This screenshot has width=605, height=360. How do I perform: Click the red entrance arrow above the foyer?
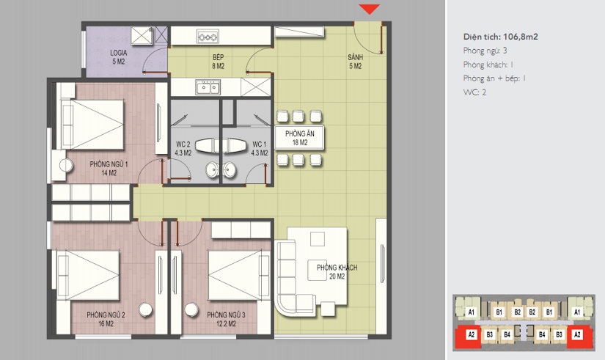pyautogui.click(x=370, y=9)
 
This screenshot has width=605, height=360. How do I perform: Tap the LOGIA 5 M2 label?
pyautogui.click(x=119, y=56)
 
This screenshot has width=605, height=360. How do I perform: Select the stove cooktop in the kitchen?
pyautogui.click(x=208, y=37)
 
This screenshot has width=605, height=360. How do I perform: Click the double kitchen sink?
pyautogui.click(x=208, y=87)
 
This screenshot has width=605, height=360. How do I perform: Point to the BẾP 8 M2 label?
pyautogui.click(x=218, y=62)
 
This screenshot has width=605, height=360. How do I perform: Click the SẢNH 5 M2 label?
pyautogui.click(x=356, y=62)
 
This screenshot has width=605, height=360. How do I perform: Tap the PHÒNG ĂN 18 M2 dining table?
pyautogui.click(x=300, y=138)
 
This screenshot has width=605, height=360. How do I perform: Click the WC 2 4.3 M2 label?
pyautogui.click(x=183, y=149)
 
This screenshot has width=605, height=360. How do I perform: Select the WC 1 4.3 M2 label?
pyautogui.click(x=260, y=149)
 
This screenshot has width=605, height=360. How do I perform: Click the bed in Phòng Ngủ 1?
pyautogui.click(x=92, y=124)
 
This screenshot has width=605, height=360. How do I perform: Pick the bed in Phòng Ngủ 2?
pyautogui.click(x=88, y=275)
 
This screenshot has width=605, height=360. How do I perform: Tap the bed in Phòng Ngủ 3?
pyautogui.click(x=239, y=275)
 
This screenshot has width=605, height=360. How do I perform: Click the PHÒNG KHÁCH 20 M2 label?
pyautogui.click(x=337, y=272)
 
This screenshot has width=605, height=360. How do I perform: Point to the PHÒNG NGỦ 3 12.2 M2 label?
pyautogui.click(x=226, y=319)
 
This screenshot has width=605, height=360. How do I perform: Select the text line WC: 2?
pyautogui.click(x=474, y=92)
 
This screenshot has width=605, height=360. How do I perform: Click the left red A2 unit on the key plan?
pyautogui.click(x=471, y=335)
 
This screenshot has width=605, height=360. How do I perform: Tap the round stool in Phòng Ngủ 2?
pyautogui.click(x=145, y=309)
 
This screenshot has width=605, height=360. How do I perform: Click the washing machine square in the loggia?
pyautogui.click(x=142, y=35)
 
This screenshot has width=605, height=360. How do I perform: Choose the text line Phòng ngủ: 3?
pyautogui.click(x=485, y=51)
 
